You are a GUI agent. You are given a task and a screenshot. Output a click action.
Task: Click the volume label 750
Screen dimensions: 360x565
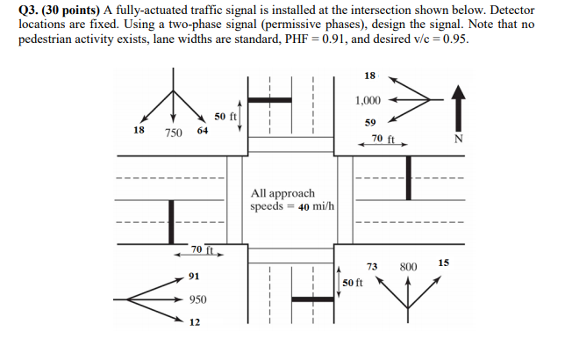[173, 132]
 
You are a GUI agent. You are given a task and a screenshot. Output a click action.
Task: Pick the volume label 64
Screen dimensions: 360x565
[203, 130]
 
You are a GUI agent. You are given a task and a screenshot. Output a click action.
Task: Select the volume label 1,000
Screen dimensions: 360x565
[368, 100]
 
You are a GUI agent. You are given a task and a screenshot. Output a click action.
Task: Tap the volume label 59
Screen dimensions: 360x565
[370, 122]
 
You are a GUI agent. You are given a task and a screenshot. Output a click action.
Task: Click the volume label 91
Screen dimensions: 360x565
[194, 277]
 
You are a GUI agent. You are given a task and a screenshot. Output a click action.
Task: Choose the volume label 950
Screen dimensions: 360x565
[197, 299]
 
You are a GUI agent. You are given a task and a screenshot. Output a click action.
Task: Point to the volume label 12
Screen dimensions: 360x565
[194, 322]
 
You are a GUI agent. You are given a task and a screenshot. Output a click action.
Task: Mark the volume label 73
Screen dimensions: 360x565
[372, 266]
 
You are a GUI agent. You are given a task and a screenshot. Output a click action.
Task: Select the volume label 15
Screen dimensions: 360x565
[443, 263]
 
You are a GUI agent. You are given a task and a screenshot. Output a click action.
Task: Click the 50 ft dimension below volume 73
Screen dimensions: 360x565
[354, 283]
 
